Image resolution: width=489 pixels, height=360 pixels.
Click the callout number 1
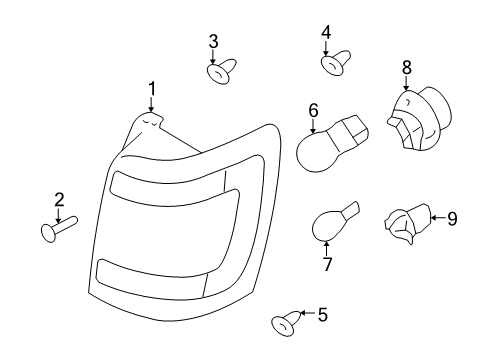pos(152,89)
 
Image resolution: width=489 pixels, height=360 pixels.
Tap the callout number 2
pos(59,200)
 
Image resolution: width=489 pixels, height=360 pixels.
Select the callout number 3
pos(213,42)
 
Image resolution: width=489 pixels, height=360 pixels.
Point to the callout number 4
pos(326,33)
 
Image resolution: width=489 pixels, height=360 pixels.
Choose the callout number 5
pos(323,314)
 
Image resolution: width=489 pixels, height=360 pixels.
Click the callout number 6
pos(313,111)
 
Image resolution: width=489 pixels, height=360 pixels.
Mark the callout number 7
pos(327,264)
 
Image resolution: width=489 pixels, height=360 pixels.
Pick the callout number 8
pos(407,67)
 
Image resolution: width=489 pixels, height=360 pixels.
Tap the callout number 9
pos(452,219)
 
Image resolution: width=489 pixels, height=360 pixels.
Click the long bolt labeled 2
pos(59,228)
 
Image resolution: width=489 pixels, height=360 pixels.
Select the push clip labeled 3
pos(222,71)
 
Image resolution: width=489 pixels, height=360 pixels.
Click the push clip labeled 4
pos(335,63)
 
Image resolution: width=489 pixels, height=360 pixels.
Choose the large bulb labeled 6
pos(332,143)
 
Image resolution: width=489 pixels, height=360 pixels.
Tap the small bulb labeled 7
pos(335,221)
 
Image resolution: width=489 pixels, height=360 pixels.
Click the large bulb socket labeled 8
pos(419,119)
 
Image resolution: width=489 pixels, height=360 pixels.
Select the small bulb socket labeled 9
pos(407,223)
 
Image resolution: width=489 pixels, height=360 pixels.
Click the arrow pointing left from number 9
pos(438,218)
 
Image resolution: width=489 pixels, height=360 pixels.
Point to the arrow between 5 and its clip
pos(308,313)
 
